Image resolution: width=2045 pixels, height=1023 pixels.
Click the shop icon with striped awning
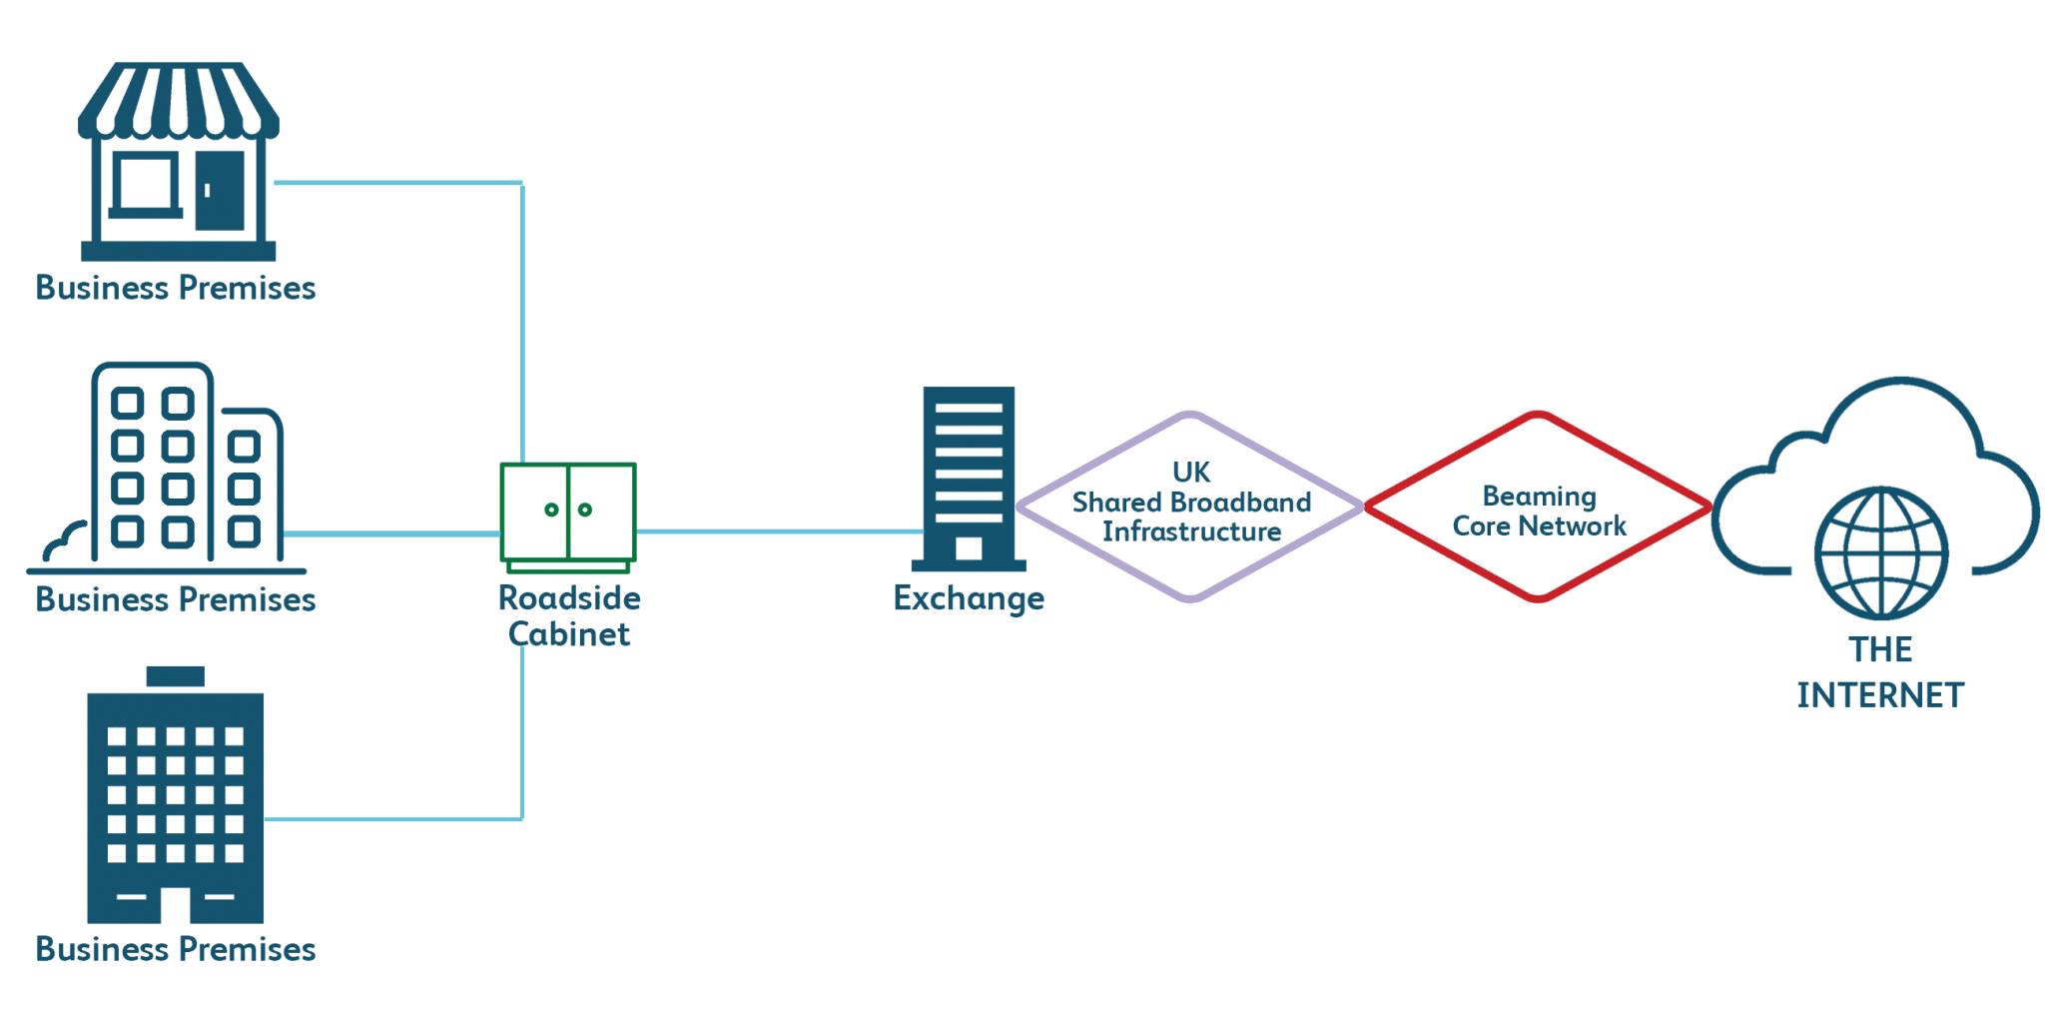[x=178, y=160]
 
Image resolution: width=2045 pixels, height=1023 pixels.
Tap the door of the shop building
[x=220, y=190]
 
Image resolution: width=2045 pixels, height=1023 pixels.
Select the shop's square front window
[x=146, y=184]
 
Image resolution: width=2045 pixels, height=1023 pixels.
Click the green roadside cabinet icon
[x=568, y=515]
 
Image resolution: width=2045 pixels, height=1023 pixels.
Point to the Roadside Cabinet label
[x=569, y=615]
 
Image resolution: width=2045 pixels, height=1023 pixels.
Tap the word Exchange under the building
[x=969, y=598]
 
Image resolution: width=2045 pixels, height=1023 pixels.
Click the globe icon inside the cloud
[x=1881, y=552]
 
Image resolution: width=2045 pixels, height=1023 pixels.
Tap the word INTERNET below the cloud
[x=1880, y=695]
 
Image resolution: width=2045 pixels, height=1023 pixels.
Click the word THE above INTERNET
[x=1880, y=650]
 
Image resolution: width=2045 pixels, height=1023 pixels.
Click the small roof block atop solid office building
[x=176, y=676]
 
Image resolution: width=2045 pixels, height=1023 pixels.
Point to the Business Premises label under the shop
[x=176, y=288]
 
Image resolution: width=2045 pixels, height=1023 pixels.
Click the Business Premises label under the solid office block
[x=176, y=949]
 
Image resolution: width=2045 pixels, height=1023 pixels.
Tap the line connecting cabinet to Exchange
[x=779, y=531]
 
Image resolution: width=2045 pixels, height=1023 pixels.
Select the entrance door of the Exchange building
[x=969, y=547]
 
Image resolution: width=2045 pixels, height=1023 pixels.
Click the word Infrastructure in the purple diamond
[x=1191, y=531]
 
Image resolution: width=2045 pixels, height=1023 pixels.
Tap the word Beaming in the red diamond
[x=1539, y=497]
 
